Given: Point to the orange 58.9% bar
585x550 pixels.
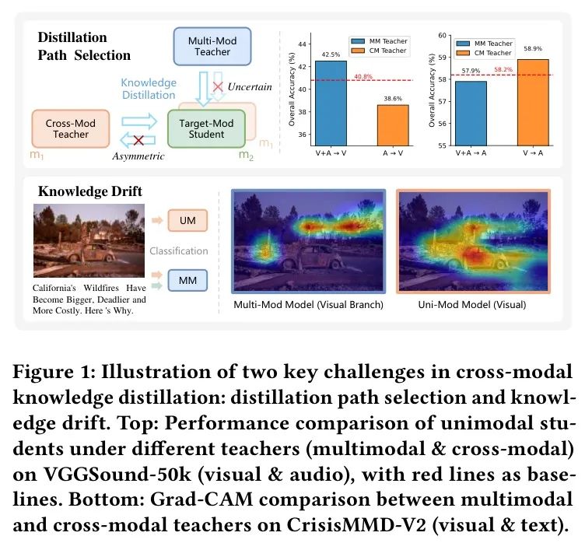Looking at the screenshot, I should (x=532, y=101).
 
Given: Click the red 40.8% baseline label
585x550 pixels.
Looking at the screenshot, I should (x=363, y=76).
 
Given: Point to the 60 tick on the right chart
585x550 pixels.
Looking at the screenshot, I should (x=442, y=36).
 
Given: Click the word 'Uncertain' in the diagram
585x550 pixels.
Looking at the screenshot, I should (x=250, y=86).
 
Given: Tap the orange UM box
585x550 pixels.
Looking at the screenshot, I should (x=187, y=222).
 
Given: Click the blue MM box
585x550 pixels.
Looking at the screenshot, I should (x=187, y=279).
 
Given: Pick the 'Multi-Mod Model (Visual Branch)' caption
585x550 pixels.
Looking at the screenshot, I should (x=308, y=305).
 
